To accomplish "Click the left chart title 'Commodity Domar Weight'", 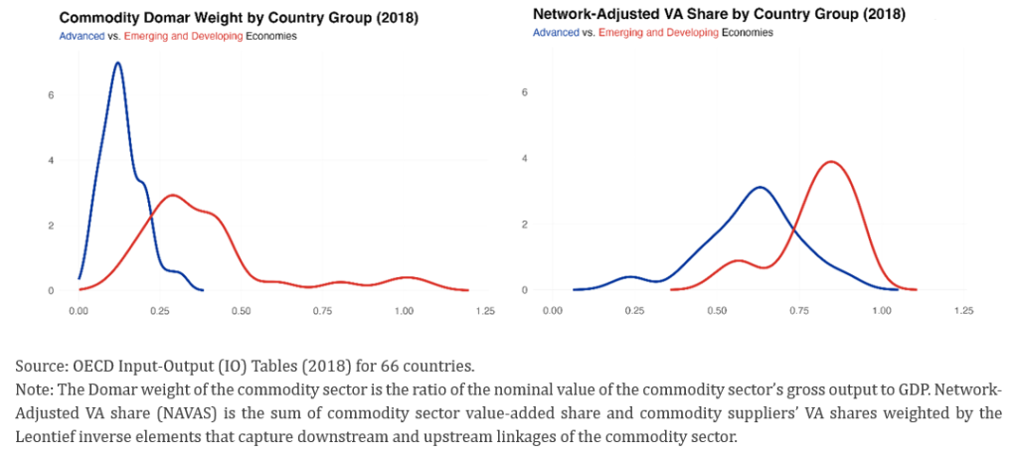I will click(x=154, y=19).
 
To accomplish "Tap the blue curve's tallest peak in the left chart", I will click(x=118, y=64).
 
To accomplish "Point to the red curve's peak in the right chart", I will click(x=830, y=162).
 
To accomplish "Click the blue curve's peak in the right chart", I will click(x=761, y=187).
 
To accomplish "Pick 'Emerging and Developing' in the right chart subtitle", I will click(x=659, y=32).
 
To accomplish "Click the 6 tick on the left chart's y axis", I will click(x=37, y=94).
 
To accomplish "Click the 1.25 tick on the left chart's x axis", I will click(x=485, y=311).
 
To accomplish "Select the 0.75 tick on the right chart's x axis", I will click(x=799, y=311).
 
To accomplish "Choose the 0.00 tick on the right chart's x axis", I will click(x=554, y=311).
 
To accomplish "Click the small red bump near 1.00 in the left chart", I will click(x=404, y=277).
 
